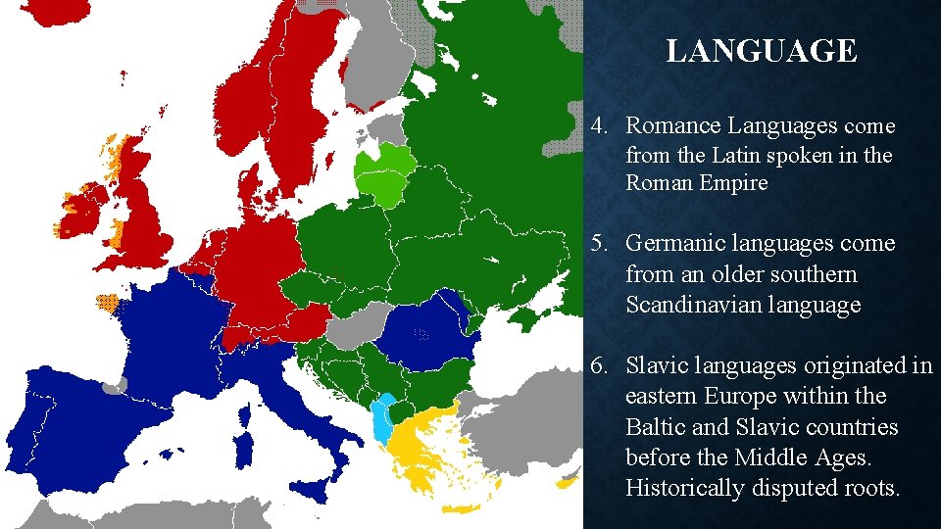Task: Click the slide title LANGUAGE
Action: pyautogui.click(x=761, y=51)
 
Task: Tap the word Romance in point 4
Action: pyautogui.click(x=666, y=126)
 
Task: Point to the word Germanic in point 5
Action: pyautogui.click(x=671, y=243)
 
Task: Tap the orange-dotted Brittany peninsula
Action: pyautogui.click(x=106, y=301)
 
